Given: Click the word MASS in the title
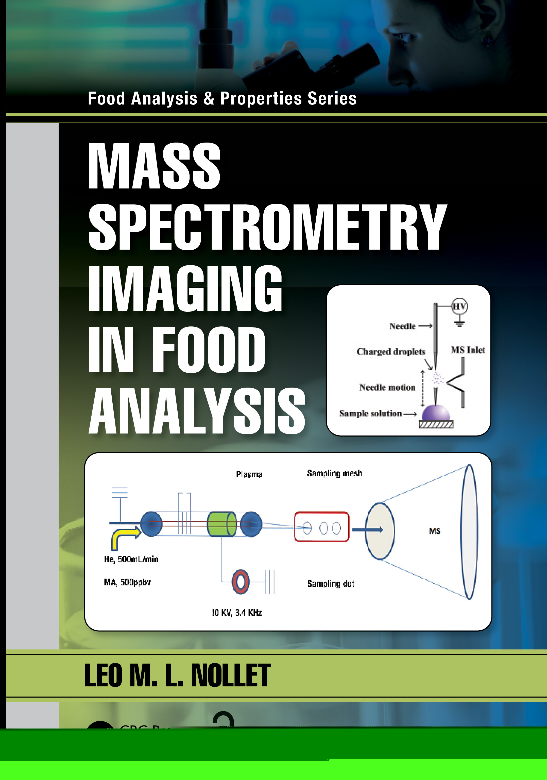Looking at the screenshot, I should click(154, 166).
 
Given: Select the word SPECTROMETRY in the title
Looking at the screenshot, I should click(267, 227).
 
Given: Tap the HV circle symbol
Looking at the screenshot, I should click(459, 306).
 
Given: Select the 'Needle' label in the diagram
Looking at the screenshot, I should click(403, 326).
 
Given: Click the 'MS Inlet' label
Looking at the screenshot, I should click(468, 350).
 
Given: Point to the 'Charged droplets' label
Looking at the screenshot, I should click(391, 351).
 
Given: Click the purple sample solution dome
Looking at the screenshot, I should click(436, 413).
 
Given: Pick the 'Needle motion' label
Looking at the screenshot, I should click(387, 387).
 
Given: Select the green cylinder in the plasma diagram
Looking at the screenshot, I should click(221, 524).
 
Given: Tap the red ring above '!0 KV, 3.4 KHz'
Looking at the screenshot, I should click(241, 581).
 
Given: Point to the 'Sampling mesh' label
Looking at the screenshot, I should click(334, 474).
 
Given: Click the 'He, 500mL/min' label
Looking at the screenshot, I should click(131, 559).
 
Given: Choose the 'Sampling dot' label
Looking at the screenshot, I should click(331, 584).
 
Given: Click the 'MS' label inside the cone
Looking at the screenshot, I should click(435, 531).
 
